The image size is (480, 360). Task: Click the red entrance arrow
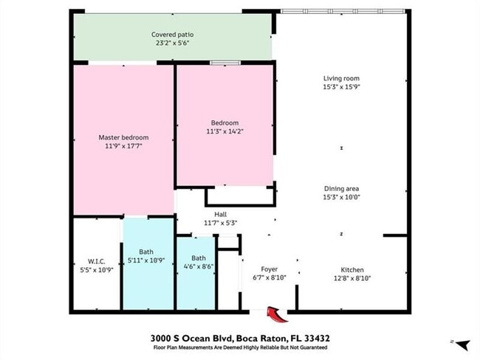coord(276,314)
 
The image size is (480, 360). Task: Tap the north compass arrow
coord(463,345)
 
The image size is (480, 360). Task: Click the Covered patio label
coord(172,35)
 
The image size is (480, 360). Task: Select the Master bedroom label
coord(123,138)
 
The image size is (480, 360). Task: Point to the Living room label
coord(341,78)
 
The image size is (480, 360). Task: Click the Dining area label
coord(341,189)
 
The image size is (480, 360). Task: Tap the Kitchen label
coord(352,270)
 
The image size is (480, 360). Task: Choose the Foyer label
coord(269,269)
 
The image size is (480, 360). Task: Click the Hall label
coord(220,215)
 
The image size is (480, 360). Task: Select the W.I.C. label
coord(97,261)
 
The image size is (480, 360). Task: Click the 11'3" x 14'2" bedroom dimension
coord(224,131)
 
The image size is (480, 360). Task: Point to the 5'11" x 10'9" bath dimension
coord(146,260)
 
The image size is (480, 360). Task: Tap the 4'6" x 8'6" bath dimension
coord(199,266)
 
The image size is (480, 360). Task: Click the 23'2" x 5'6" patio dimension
coord(172,43)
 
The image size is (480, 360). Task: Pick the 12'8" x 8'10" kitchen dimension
coord(352,278)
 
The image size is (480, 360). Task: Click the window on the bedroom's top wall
coord(225,63)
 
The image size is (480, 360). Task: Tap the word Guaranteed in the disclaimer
coord(313,347)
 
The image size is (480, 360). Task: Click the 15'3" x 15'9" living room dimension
coord(341,87)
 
